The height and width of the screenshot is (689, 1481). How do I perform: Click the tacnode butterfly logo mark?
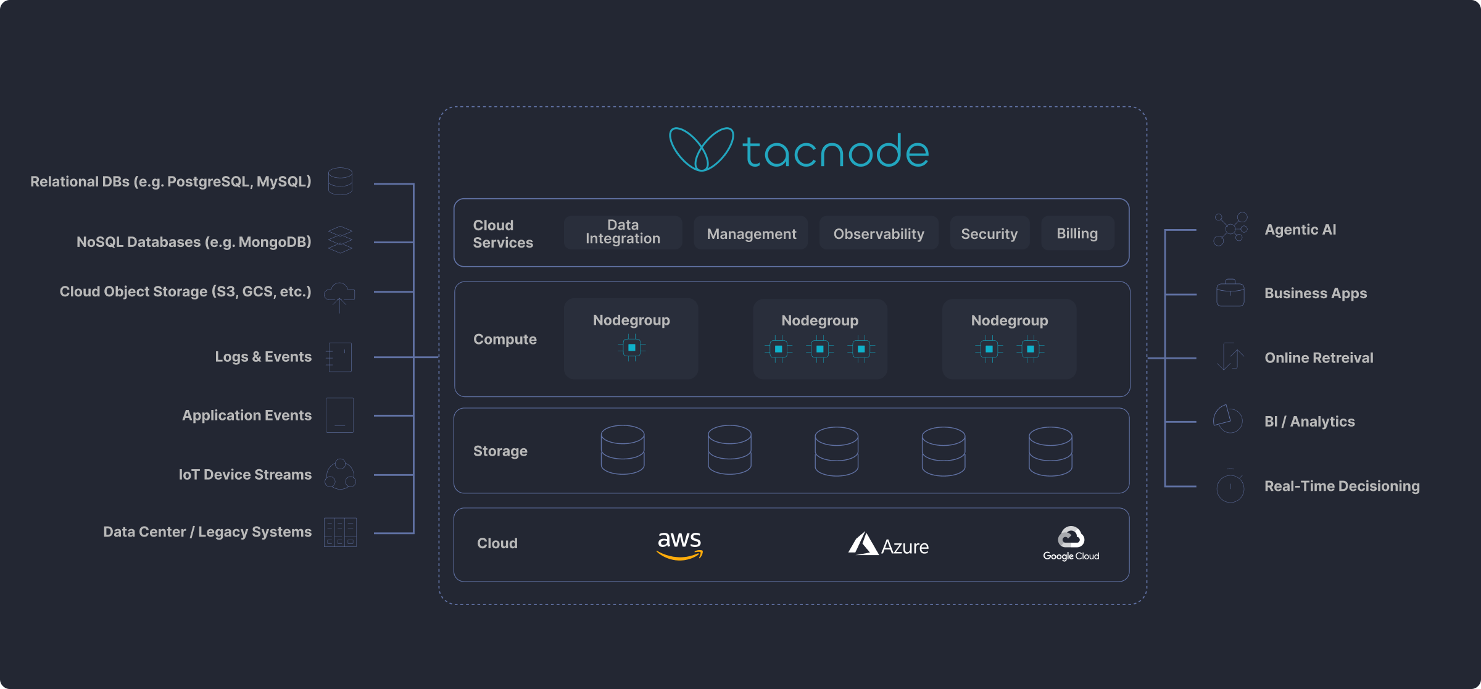(701, 149)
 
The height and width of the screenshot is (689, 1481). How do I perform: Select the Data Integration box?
(623, 232)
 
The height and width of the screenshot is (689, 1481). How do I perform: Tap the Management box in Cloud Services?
(751, 233)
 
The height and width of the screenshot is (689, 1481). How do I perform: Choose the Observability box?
(879, 233)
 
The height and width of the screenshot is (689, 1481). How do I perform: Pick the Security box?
(989, 233)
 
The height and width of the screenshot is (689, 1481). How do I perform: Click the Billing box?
(1077, 233)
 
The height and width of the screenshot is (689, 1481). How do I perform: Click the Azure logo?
(888, 545)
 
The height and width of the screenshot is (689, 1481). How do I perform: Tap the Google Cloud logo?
(1071, 543)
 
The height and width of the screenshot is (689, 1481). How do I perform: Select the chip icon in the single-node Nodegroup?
(631, 348)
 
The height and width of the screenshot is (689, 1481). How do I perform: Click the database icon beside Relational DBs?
(340, 181)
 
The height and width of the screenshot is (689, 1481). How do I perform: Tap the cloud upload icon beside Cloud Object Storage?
(339, 296)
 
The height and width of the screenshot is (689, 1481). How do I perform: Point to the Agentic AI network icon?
(1230, 229)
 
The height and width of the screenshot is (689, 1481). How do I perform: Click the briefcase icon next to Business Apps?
(1230, 293)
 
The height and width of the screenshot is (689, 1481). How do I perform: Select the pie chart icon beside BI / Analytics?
(1228, 419)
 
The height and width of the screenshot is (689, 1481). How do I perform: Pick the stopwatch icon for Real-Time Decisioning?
(1230, 486)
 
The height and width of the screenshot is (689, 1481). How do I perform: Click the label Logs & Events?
(263, 357)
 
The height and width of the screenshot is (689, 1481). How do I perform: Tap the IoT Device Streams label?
(245, 474)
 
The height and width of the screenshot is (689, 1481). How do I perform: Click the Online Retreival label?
(1319, 357)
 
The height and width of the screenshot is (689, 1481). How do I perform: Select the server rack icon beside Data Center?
(340, 532)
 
